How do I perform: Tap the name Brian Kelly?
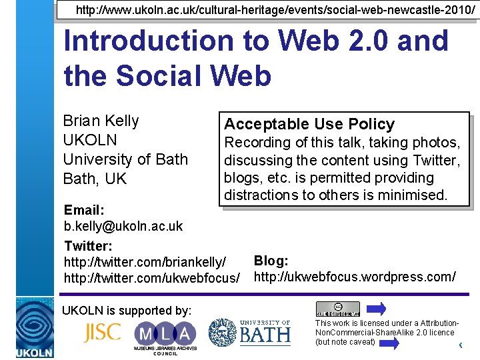(101, 121)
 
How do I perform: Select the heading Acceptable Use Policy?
(309, 124)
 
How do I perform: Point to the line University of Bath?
(125, 159)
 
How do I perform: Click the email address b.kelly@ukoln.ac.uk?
(123, 226)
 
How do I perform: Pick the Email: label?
(85, 210)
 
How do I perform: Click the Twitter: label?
(88, 245)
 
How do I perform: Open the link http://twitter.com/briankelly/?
(145, 261)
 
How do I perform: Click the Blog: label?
(271, 261)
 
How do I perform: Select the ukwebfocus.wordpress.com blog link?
(355, 276)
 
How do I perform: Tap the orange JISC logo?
(102, 332)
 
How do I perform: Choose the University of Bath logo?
(249, 332)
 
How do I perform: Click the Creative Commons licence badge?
(337, 309)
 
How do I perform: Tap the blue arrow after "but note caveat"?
(389, 343)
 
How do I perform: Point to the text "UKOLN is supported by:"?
(127, 310)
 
